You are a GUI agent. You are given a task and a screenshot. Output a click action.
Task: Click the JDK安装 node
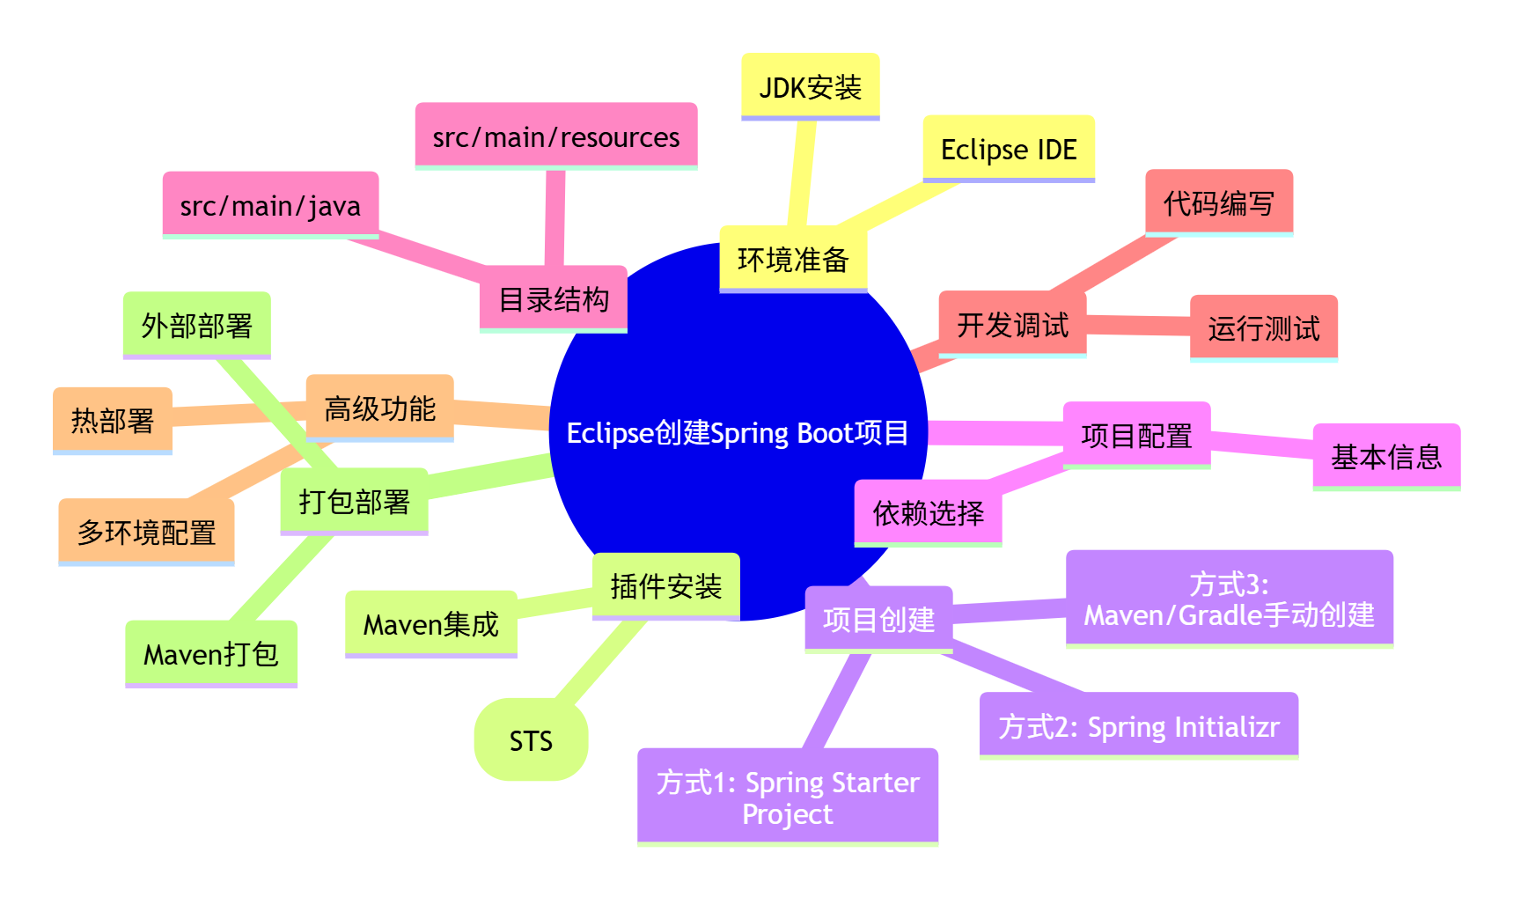(x=810, y=86)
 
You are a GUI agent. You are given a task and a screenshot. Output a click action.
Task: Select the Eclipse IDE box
(x=1008, y=149)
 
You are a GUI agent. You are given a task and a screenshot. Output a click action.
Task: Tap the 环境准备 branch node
(x=792, y=259)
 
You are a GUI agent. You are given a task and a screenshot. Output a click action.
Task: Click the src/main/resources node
(x=555, y=136)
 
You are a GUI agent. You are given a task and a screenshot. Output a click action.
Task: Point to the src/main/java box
(x=270, y=205)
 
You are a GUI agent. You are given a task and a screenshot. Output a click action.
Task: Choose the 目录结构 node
(x=553, y=299)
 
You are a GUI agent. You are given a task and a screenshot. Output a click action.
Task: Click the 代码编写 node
(x=1218, y=203)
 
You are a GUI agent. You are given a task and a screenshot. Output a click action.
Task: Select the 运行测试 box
(x=1263, y=328)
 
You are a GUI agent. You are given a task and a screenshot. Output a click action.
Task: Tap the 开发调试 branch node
(x=1012, y=324)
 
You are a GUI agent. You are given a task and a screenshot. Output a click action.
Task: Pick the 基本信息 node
(x=1385, y=457)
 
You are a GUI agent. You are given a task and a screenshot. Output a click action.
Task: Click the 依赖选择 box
(x=928, y=512)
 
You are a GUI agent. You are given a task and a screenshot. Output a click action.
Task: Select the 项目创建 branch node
(x=878, y=620)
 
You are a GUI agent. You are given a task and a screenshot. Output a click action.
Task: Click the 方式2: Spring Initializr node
(x=1138, y=726)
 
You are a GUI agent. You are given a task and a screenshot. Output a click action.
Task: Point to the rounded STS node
(x=531, y=740)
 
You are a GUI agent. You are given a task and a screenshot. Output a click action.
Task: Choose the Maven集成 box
(x=430, y=624)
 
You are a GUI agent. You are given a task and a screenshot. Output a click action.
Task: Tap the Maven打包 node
(x=210, y=654)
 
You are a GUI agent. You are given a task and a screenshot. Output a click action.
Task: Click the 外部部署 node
(x=196, y=326)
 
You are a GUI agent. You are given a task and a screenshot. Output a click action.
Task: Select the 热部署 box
(x=112, y=421)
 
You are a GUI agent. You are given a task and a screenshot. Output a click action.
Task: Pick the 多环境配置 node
(x=146, y=533)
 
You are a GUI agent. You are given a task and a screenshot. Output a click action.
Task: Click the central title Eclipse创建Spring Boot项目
(x=738, y=432)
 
